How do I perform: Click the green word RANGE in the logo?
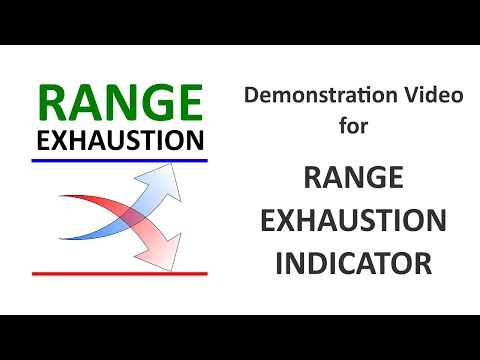click(119, 104)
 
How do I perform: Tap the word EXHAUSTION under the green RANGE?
click(119, 139)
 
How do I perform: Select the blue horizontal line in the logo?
click(119, 160)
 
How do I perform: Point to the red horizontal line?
click(119, 273)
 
